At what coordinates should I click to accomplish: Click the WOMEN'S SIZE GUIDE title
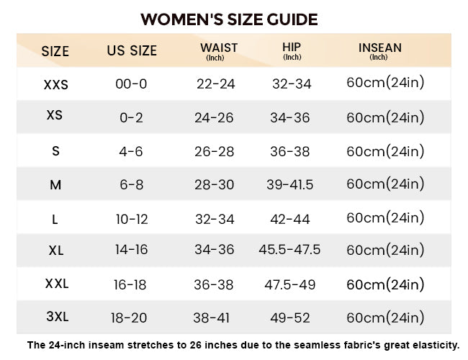click(229, 19)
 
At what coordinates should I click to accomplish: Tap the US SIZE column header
click(132, 50)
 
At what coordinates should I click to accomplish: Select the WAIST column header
click(219, 51)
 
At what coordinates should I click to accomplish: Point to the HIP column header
click(292, 50)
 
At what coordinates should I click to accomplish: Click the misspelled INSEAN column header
click(380, 51)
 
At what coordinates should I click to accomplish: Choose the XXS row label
click(56, 85)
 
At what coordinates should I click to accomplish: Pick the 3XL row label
click(58, 316)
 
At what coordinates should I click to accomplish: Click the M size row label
click(55, 185)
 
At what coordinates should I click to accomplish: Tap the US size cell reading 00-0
click(131, 84)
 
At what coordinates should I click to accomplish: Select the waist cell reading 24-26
click(214, 117)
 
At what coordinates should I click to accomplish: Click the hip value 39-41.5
click(290, 185)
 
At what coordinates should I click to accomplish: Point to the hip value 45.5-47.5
click(289, 250)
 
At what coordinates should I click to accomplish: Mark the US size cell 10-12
click(132, 220)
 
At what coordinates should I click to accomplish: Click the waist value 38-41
click(211, 318)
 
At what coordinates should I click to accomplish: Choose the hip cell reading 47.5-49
click(290, 284)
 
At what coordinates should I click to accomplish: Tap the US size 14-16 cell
click(132, 250)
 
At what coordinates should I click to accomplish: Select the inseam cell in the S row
click(385, 151)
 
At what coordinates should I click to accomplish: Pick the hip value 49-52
click(290, 318)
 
